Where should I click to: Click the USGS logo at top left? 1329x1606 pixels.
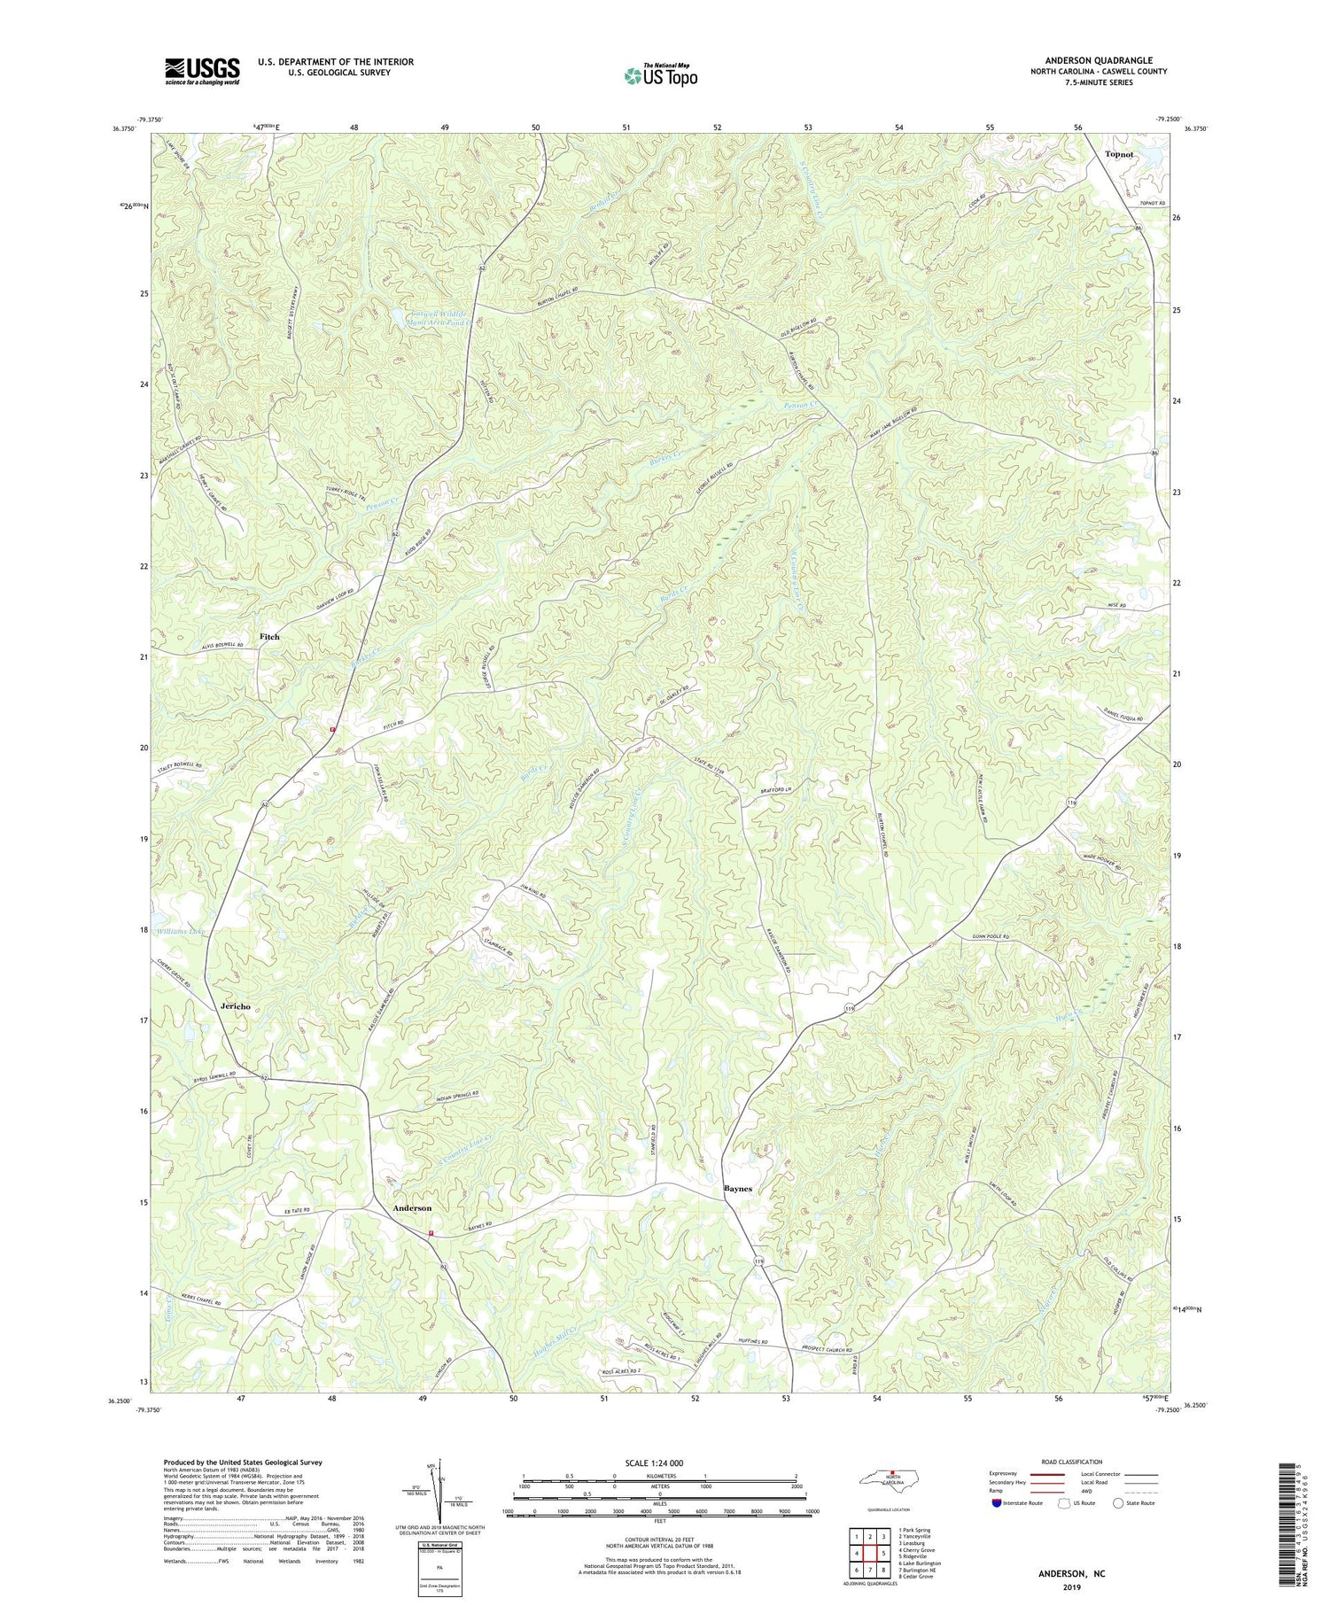pyautogui.click(x=202, y=71)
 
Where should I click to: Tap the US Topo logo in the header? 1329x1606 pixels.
pyautogui.click(x=659, y=76)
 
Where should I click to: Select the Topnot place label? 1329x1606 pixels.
pyautogui.click(x=1119, y=154)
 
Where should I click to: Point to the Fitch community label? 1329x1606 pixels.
pyautogui.click(x=269, y=637)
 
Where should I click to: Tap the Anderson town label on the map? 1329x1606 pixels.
pyautogui.click(x=412, y=1208)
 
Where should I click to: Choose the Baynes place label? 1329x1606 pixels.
pyautogui.click(x=738, y=1189)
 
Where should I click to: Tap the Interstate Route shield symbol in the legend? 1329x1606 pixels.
pyautogui.click(x=999, y=1503)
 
